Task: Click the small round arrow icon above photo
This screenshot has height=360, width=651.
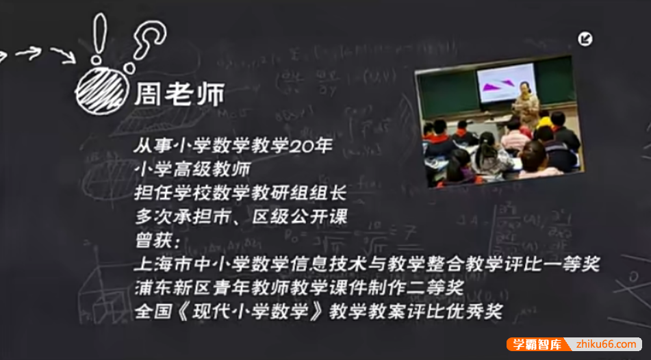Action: coord(586,39)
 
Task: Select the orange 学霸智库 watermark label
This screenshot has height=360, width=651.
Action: coord(534,344)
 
